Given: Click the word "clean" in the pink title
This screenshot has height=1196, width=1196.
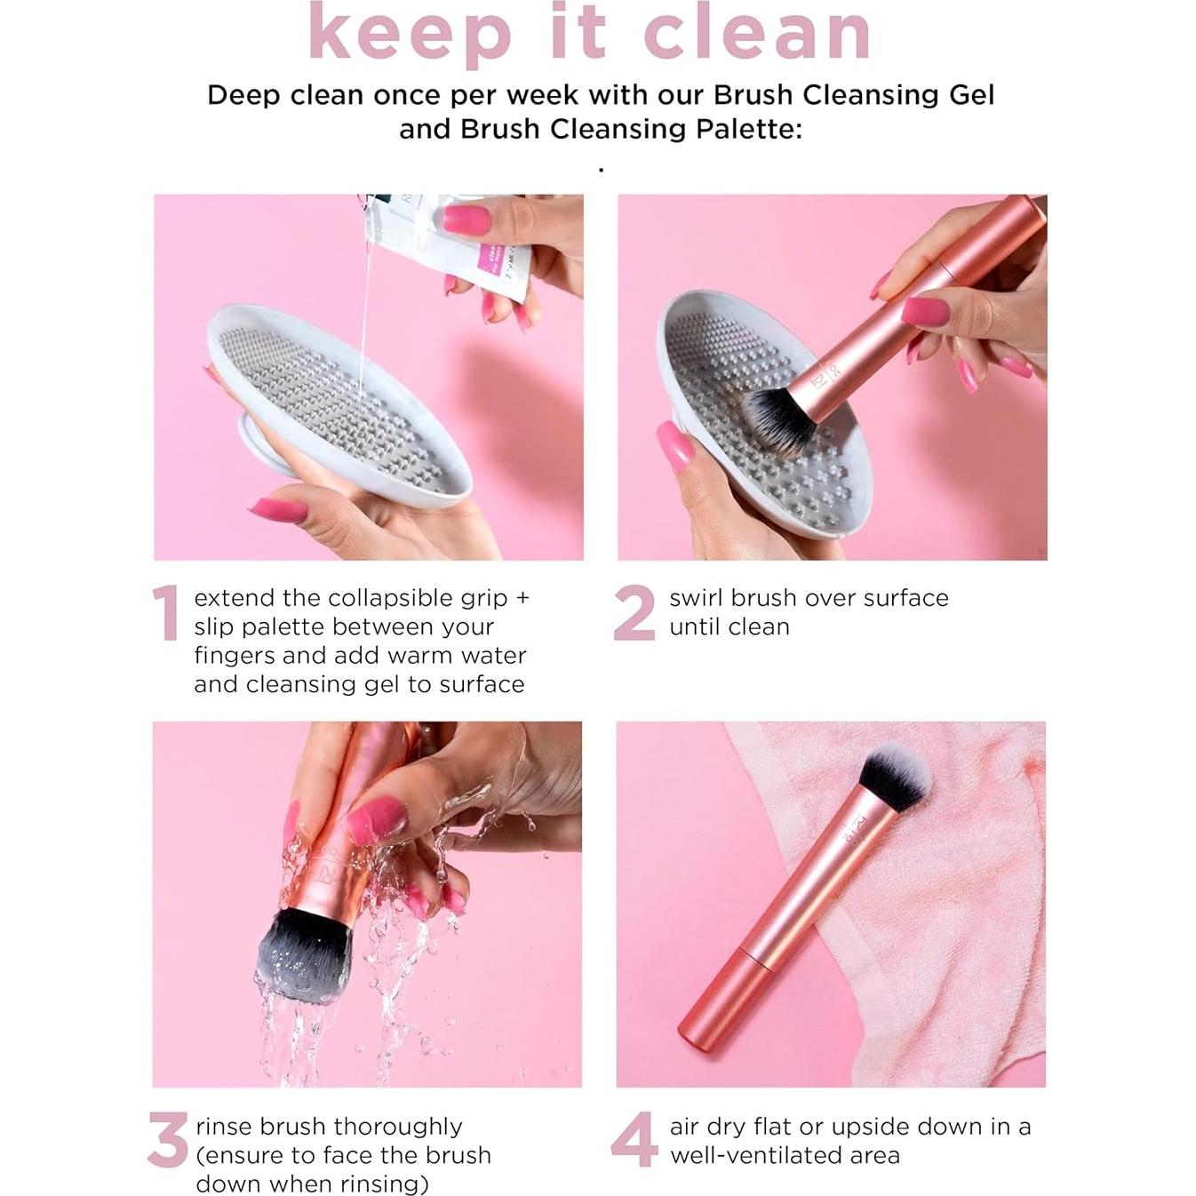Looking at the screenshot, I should tap(756, 34).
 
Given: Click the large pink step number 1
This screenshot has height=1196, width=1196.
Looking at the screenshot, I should tap(166, 613).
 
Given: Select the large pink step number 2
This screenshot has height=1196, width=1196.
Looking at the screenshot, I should tap(634, 613).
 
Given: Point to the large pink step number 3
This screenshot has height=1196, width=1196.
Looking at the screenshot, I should tap(168, 1140).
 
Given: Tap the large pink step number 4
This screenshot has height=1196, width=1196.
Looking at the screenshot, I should tap(634, 1140).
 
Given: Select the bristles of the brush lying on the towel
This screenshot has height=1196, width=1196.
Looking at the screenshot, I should tap(894, 777).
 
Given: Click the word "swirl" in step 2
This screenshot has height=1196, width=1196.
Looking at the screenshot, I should tap(698, 598).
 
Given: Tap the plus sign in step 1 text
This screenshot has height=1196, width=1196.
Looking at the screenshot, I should tap(522, 598).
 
